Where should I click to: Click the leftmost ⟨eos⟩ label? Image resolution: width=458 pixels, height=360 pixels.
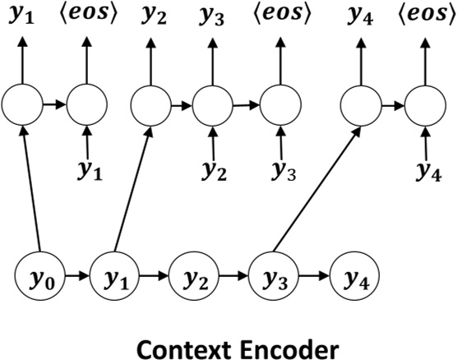tap(88, 15)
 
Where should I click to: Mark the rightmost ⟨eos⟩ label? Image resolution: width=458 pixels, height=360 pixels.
tap(426, 15)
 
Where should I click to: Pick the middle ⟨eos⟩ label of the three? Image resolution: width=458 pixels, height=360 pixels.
tap(283, 15)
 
